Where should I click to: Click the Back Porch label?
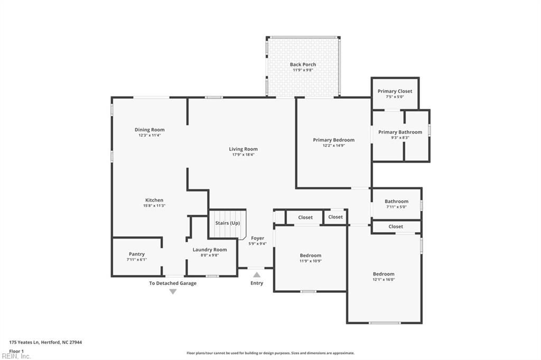click(303, 64)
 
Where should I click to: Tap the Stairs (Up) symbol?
click(228, 224)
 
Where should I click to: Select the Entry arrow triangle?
click(257, 274)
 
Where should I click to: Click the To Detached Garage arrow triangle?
click(173, 291)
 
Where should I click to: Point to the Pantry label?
click(136, 254)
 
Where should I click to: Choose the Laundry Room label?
click(210, 250)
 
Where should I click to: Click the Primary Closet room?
click(395, 93)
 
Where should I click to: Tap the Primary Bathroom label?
click(400, 132)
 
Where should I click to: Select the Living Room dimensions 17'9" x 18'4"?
click(243, 155)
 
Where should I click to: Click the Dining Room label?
click(150, 129)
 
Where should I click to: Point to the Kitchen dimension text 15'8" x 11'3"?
click(154, 205)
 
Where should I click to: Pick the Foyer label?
click(257, 238)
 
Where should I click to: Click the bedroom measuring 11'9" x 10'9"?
click(310, 258)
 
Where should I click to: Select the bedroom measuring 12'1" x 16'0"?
click(384, 277)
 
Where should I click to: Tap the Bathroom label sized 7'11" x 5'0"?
click(396, 201)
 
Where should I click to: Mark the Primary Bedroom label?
click(333, 140)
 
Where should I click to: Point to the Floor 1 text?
click(16, 350)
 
